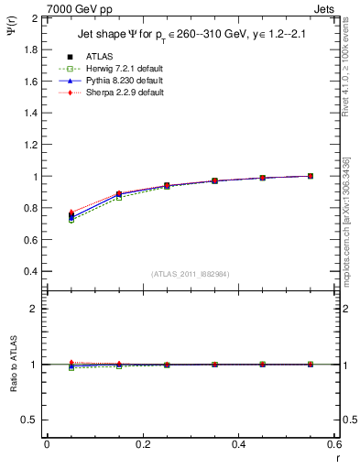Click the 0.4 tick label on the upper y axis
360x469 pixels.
pos(32,272)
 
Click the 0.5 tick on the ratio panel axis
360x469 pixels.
pos(32,420)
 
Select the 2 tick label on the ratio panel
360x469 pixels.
pos(35,309)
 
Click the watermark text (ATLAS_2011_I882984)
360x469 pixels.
pos(190,275)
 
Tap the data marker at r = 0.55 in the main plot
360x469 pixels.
pos(311,176)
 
